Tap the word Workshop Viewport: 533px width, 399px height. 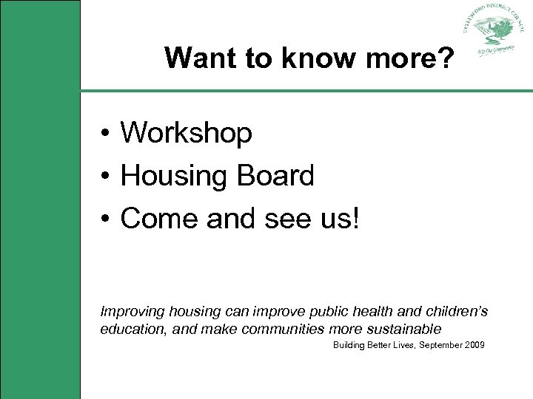pos(187,134)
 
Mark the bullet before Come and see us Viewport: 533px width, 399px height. pos(107,219)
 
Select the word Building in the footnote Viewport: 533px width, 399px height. pos(348,345)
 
